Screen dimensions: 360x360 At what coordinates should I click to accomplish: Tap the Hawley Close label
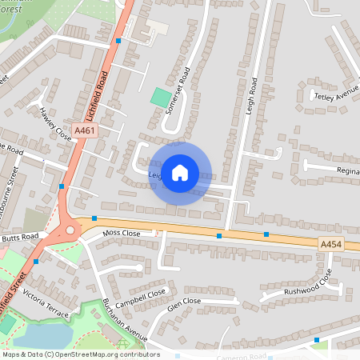[55, 124]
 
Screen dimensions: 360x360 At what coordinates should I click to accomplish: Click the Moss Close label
[122, 233]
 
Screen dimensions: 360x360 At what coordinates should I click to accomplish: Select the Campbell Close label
[139, 297]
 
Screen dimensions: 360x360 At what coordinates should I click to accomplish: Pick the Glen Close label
[183, 302]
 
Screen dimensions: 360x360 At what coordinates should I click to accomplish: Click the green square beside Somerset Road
[161, 99]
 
